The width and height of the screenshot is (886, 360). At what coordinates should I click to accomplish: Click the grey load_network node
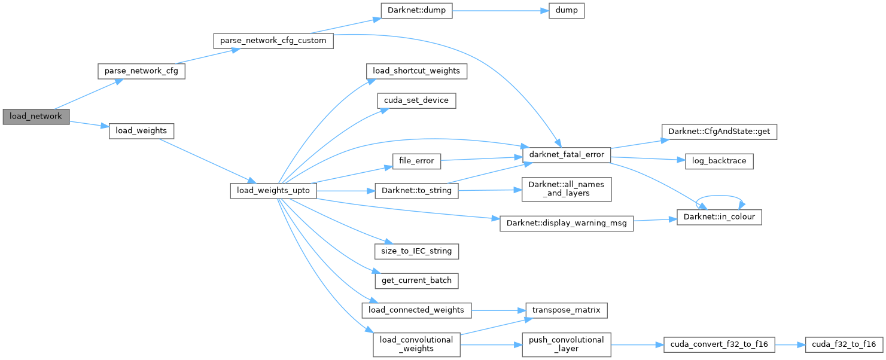36,116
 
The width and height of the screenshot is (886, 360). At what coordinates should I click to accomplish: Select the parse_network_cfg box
141,71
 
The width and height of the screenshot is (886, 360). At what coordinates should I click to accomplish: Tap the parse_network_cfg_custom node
273,41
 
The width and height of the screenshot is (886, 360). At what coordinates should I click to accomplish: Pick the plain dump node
566,11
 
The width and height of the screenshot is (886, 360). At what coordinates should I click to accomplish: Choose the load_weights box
141,130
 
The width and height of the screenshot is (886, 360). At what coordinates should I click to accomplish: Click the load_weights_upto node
273,191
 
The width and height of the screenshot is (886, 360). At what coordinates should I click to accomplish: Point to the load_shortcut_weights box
416,71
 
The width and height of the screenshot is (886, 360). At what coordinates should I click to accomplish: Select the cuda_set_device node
416,100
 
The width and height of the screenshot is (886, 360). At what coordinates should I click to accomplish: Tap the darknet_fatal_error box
566,154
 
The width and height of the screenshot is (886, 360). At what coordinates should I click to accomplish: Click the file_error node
416,161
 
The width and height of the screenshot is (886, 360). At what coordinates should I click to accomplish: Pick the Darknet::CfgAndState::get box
718,131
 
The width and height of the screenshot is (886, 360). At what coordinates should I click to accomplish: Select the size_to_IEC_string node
416,251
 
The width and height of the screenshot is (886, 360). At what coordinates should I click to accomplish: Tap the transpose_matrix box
566,310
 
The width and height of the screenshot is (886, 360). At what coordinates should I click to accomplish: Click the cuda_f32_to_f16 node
844,344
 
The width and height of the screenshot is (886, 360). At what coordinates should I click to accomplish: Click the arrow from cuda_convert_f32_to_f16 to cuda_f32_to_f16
790,344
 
